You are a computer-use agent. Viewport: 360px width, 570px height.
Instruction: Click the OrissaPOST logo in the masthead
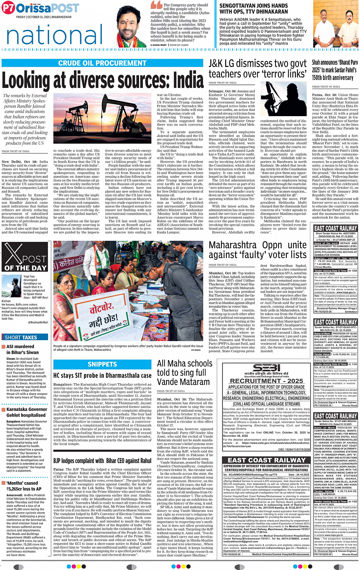click(x=40, y=8)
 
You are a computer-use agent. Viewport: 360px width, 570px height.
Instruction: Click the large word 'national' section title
click(x=55, y=34)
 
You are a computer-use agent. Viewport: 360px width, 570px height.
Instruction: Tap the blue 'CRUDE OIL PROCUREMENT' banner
click(x=102, y=63)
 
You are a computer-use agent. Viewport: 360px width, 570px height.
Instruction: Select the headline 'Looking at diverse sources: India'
click(x=103, y=80)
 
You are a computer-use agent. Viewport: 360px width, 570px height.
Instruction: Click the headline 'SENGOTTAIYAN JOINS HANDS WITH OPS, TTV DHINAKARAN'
click(x=253, y=9)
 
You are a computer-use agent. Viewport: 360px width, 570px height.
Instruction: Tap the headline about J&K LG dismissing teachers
click(x=258, y=69)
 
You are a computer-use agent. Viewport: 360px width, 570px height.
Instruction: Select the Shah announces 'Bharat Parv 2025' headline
click(x=335, y=70)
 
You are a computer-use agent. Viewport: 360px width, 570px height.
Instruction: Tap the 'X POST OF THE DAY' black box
click(x=25, y=257)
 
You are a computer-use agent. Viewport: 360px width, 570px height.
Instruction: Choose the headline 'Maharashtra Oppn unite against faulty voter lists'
click(x=258, y=250)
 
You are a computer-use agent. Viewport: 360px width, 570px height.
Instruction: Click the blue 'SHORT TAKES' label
click(x=21, y=337)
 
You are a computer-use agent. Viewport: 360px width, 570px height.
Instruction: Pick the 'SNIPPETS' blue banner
click(x=102, y=364)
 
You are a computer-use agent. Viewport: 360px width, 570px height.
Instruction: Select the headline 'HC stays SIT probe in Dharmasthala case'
click(x=102, y=375)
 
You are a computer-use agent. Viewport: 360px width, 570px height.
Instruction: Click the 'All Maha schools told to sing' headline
click(x=185, y=372)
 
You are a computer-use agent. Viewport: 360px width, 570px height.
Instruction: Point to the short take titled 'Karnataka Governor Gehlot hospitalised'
click(x=27, y=412)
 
